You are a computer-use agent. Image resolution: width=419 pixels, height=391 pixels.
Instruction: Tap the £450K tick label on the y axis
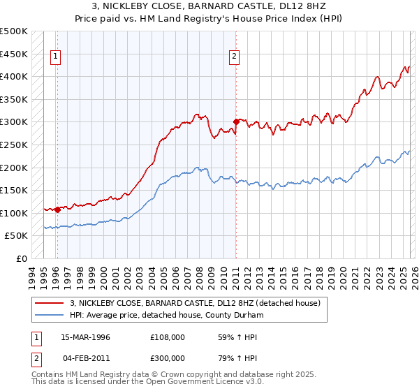14,54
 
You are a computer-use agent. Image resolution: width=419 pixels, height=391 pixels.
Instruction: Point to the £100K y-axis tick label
14,213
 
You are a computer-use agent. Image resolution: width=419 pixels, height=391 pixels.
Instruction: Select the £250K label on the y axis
14,145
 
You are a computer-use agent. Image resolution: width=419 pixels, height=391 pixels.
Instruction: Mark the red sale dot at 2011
236,121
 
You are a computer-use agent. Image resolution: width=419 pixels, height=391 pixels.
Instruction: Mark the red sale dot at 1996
57,209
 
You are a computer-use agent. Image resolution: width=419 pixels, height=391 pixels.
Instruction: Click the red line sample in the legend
50,303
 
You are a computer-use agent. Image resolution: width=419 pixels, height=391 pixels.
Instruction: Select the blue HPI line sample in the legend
50,315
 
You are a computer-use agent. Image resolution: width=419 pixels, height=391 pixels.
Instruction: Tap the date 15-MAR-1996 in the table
85,337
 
